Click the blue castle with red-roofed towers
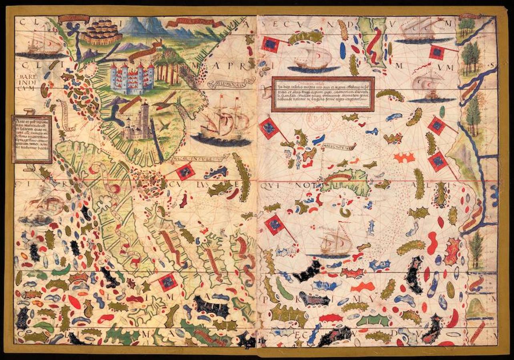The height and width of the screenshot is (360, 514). [132, 78]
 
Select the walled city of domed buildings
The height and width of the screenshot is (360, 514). [101, 32]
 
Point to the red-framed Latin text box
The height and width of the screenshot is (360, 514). [323, 94]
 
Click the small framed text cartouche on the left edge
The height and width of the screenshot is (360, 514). [32, 139]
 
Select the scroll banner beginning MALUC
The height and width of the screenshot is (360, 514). [338, 146]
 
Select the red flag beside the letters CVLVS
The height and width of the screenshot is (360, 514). [185, 172]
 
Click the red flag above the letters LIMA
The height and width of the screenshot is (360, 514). [168, 282]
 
